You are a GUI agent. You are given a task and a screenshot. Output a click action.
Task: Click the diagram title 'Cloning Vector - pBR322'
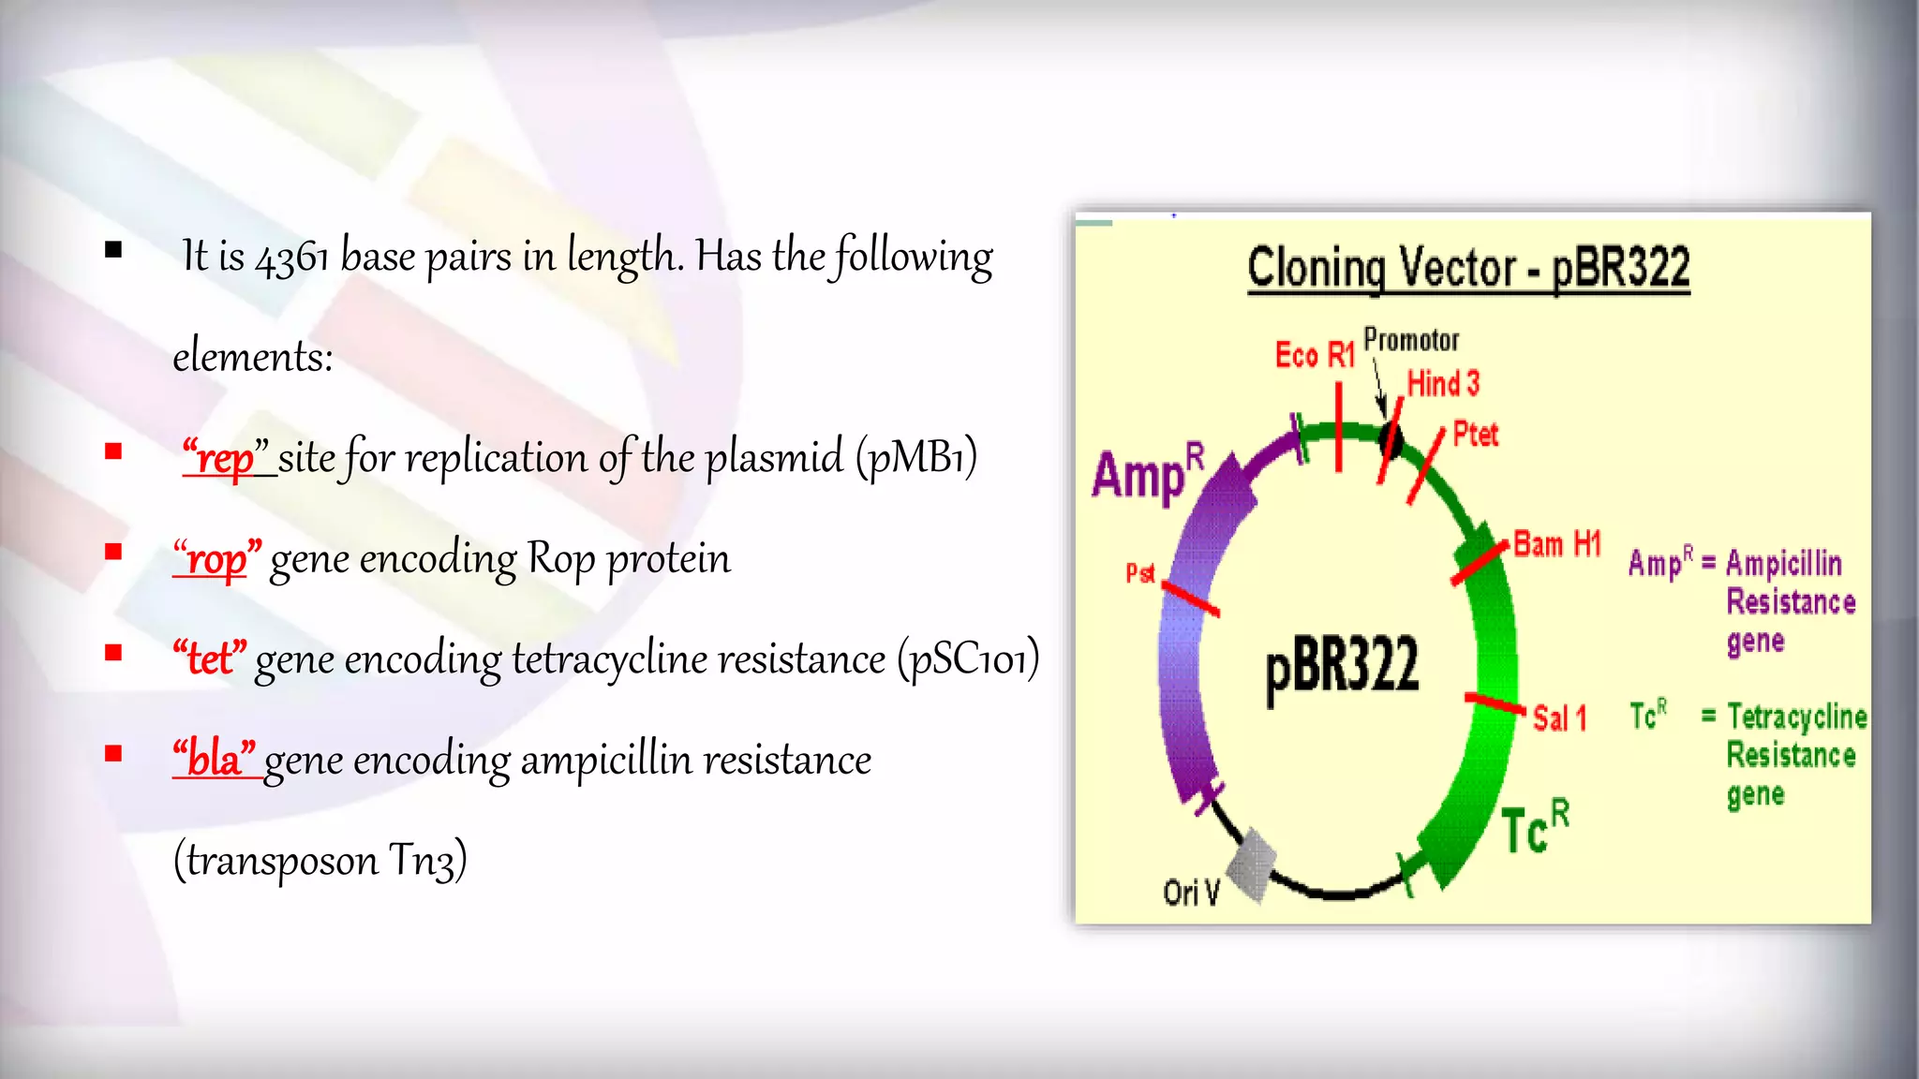[1468, 269]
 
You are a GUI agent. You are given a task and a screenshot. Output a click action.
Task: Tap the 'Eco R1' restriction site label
[1315, 356]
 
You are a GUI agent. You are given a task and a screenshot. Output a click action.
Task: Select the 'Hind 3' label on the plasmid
[1443, 384]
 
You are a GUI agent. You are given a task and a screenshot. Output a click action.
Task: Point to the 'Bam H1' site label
[1557, 544]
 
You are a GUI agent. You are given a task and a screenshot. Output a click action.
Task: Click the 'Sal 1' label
[1559, 718]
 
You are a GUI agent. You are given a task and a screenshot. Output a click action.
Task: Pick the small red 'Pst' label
[1140, 573]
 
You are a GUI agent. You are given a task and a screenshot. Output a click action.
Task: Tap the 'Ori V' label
[1191, 893]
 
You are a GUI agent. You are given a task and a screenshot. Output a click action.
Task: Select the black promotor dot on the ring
[1391, 439]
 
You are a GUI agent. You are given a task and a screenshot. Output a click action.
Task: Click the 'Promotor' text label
[1411, 340]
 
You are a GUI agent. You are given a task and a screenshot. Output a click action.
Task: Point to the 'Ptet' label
[1475, 435]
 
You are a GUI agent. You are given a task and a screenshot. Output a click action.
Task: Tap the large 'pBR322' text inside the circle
[1342, 666]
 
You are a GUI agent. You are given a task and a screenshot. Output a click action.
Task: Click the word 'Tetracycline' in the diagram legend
[1797, 717]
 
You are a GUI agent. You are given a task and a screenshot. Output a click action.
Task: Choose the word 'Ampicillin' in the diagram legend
[1784, 563]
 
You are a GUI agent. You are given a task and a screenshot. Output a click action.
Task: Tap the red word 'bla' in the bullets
[215, 760]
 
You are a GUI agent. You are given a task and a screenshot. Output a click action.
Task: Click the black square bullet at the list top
[113, 250]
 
